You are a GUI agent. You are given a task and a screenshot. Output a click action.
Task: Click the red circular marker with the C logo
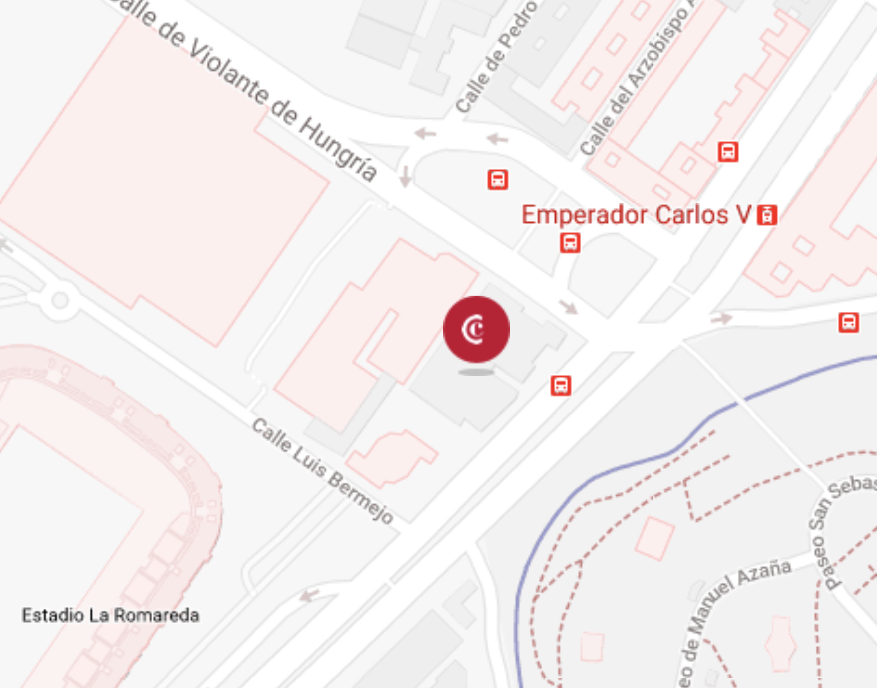point(476,329)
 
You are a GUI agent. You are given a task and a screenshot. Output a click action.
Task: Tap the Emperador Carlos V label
point(636,215)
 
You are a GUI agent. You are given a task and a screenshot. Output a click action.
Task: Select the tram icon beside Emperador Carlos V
point(767,215)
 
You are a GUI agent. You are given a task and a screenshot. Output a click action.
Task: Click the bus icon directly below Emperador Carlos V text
point(570,242)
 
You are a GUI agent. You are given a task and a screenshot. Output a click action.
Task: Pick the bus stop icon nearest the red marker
point(561,385)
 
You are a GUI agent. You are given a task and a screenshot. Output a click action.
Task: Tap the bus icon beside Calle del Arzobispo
point(728,151)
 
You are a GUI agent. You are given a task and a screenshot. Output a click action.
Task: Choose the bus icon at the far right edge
point(849,322)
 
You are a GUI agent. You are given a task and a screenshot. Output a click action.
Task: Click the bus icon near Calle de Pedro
point(498,179)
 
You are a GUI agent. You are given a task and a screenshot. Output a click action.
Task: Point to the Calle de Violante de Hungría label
point(248,87)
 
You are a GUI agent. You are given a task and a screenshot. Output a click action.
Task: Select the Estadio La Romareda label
point(111,615)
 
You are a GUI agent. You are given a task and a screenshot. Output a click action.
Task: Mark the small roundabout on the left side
point(59,301)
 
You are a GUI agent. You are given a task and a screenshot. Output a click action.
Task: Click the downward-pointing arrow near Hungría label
point(405,176)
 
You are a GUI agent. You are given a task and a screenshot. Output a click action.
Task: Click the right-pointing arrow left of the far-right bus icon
point(722,319)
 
